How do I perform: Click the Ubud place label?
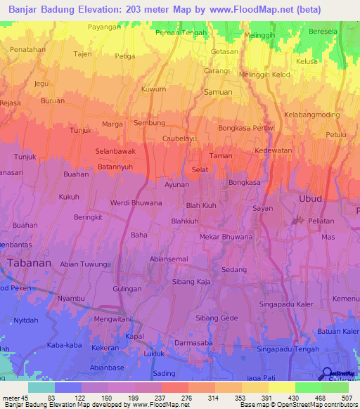coord(310,199)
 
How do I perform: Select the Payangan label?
coord(105,27)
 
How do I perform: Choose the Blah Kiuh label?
coord(201,205)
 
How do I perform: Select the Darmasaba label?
coord(194,343)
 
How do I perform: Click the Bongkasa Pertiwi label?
coord(246,129)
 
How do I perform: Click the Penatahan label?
coord(27,50)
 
